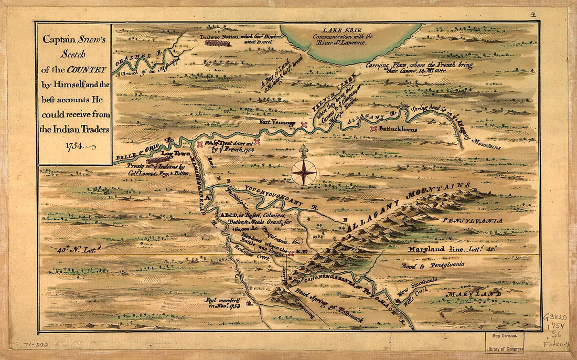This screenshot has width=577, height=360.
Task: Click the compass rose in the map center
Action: coord(303,172)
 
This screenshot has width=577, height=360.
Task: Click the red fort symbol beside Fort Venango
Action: coord(304,124)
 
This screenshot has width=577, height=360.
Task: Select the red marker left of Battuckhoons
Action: coord(373,128)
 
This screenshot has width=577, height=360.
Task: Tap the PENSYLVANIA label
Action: coord(471,221)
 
